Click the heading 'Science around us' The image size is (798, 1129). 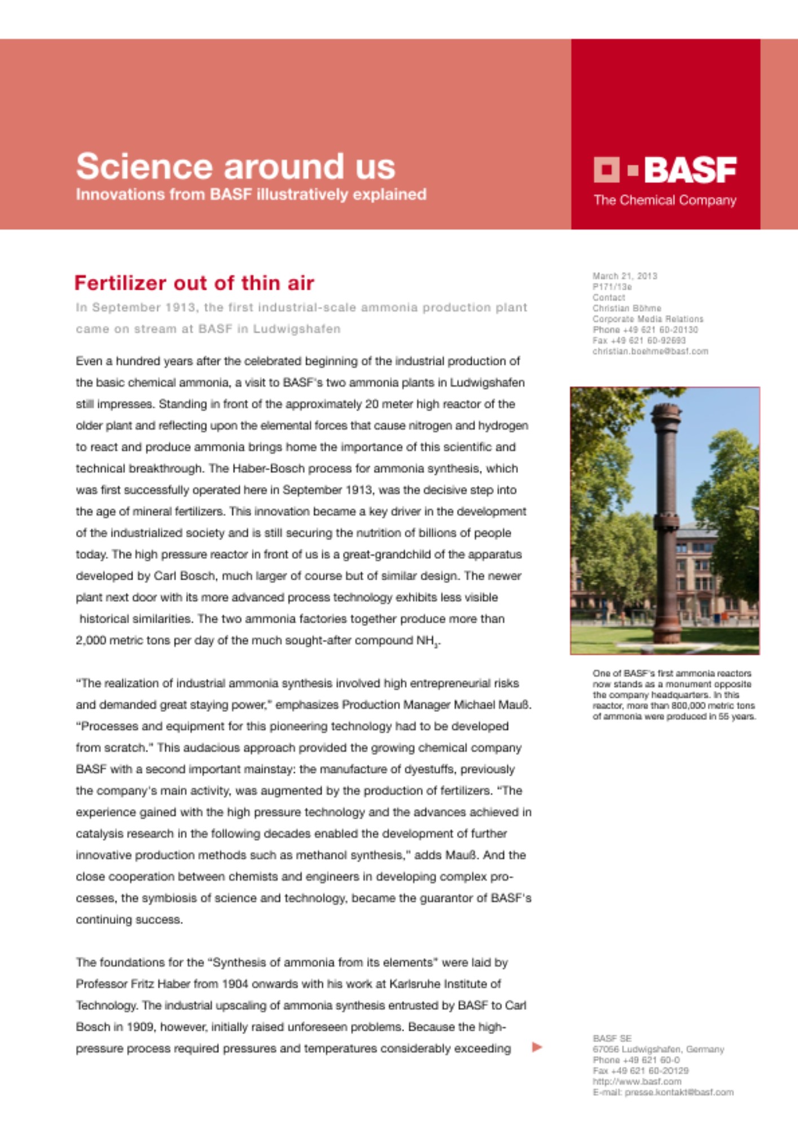(x=235, y=167)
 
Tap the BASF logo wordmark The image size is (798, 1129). (x=690, y=169)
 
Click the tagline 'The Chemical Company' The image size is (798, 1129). (x=665, y=200)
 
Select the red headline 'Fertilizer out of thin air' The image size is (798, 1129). (x=194, y=283)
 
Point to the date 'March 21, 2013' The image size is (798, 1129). (x=625, y=276)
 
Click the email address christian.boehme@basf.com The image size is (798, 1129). (x=650, y=351)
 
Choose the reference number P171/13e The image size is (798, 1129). (x=612, y=287)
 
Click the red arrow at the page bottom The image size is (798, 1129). (x=537, y=1047)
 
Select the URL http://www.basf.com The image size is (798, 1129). (x=637, y=1082)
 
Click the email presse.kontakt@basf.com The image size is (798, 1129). (x=679, y=1092)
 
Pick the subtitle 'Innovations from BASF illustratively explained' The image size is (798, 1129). (x=251, y=195)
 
